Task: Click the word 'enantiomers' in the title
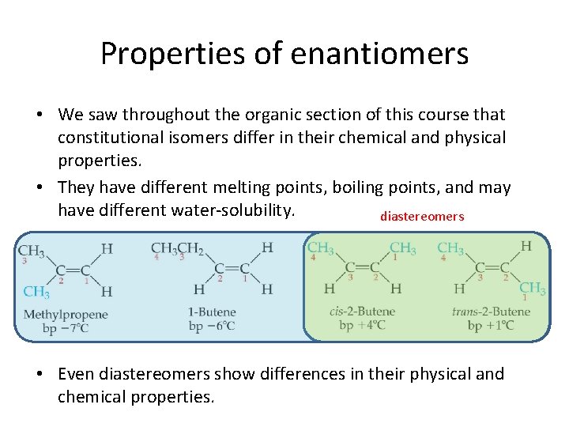click(x=379, y=54)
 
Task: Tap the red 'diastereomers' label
click(x=422, y=217)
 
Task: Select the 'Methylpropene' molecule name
click(x=66, y=315)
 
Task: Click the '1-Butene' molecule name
click(x=211, y=312)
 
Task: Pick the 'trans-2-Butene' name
click(x=491, y=312)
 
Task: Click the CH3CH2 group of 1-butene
click(x=178, y=248)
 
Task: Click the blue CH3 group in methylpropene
click(x=36, y=292)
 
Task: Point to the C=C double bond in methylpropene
click(x=73, y=270)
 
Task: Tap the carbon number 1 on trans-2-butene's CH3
click(x=526, y=298)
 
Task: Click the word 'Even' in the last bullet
click(x=77, y=374)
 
